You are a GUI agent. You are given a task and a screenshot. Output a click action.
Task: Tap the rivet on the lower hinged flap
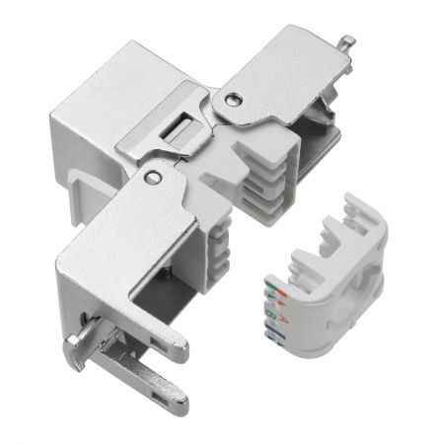151,176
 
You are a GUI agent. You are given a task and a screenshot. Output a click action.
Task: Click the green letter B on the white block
268,318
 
